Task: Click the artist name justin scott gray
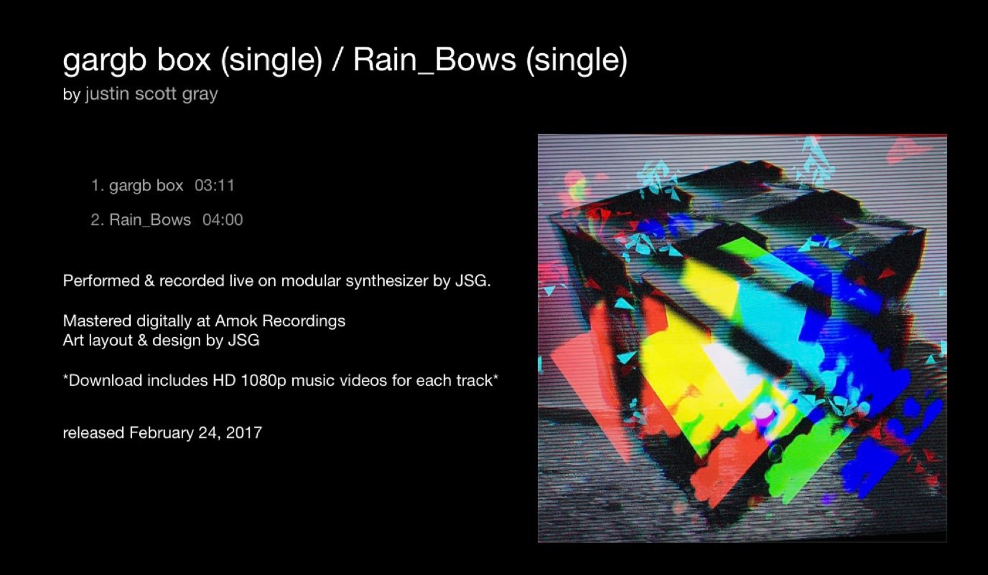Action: point(152,94)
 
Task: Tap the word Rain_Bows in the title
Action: point(434,60)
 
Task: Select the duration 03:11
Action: point(214,186)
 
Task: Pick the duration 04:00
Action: point(223,219)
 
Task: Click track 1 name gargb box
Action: point(146,186)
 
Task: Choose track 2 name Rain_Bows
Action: point(150,220)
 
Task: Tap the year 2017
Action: point(244,432)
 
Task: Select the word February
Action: point(162,433)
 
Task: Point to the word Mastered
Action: point(97,321)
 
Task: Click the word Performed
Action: point(101,280)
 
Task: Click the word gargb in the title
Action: point(104,60)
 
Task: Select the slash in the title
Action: point(338,60)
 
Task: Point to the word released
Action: point(94,432)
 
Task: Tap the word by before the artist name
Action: point(72,94)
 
